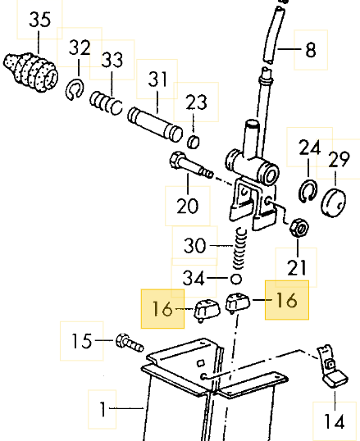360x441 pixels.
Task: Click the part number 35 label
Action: [39, 20]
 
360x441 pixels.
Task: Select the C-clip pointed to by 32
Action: [75, 89]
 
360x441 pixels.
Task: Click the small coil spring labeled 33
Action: [106, 103]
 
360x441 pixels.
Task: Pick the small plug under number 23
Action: [194, 142]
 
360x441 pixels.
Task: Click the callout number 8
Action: [311, 50]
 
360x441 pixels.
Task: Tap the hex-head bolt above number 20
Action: [191, 165]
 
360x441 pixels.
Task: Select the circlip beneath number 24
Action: [308, 191]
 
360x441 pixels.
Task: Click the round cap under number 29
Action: [333, 203]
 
